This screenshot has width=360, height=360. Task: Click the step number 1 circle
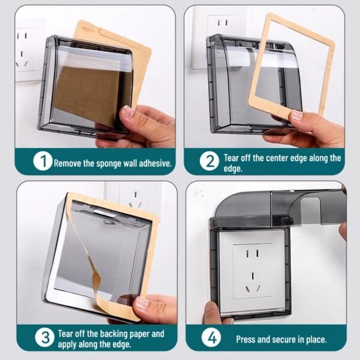pos(43,161)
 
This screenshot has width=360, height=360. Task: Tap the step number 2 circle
pos(209,161)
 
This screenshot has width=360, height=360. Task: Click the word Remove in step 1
pos(68,162)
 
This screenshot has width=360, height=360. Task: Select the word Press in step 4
pos(247,340)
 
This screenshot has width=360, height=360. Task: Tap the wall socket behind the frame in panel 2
pos(223,27)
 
